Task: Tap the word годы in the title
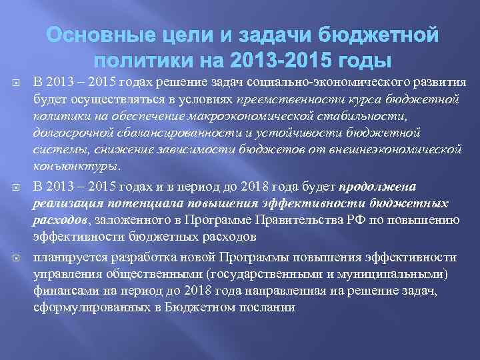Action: point(361,61)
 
